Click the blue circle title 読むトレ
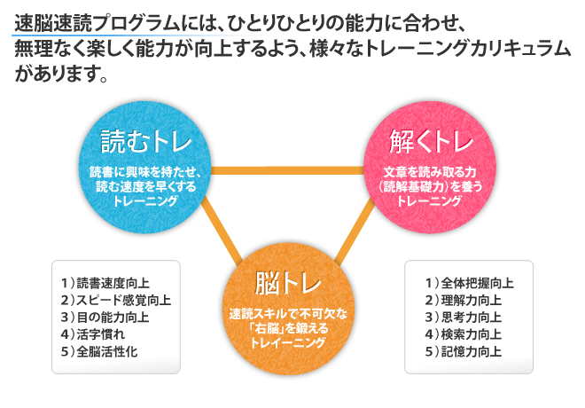[x=146, y=142]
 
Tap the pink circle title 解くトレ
[x=432, y=142]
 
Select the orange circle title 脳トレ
[x=288, y=283]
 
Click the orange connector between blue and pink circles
[x=287, y=170]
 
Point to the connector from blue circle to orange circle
[x=222, y=230]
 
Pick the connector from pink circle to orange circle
[x=355, y=231]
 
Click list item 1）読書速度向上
[x=105, y=283]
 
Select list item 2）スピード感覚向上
[x=116, y=300]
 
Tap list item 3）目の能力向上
[x=105, y=318]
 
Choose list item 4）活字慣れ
[x=93, y=334]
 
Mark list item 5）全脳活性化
[x=99, y=351]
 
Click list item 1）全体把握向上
[x=470, y=283]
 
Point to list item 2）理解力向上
[x=464, y=300]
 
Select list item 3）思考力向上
[x=464, y=318]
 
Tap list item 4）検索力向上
[x=464, y=334]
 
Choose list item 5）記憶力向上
[x=464, y=351]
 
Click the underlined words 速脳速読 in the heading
[x=52, y=23]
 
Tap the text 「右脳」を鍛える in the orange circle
[x=288, y=328]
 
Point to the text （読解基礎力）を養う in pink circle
[x=431, y=186]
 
